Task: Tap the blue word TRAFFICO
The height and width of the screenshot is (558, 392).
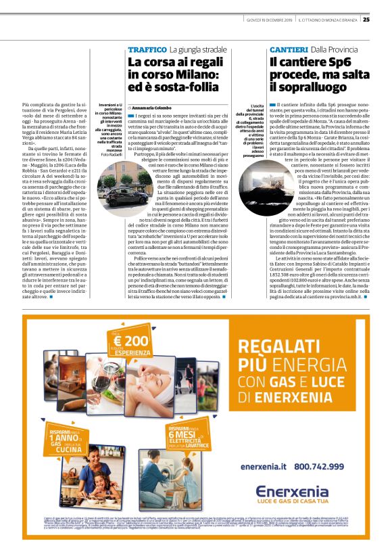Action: click(x=147, y=50)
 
